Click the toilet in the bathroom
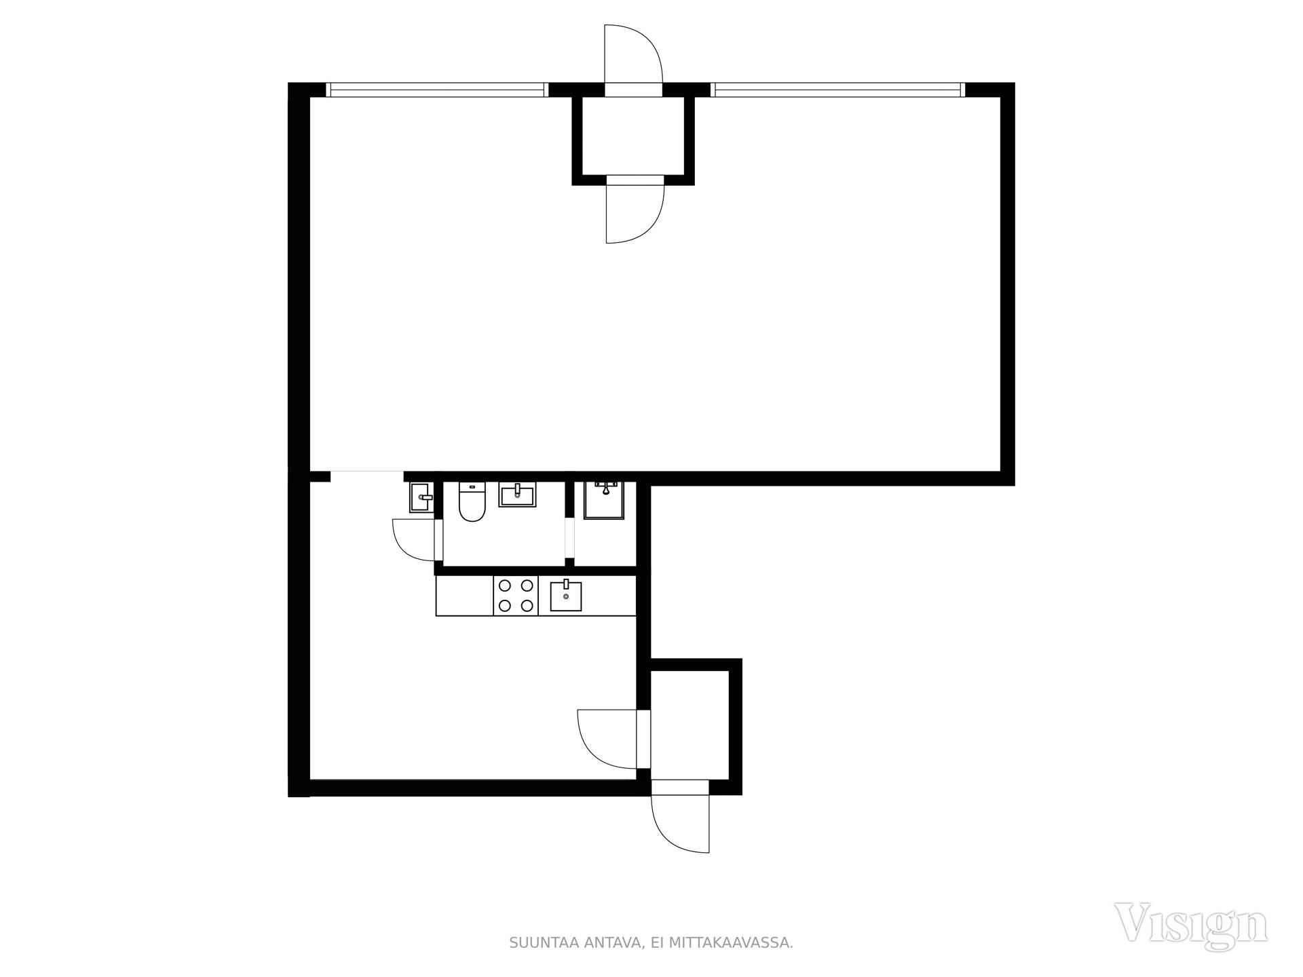472,502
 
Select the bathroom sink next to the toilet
517,495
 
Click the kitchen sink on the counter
565,595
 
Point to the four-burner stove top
516,596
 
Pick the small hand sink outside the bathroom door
421,498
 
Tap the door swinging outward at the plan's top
632,54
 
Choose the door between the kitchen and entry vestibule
607,739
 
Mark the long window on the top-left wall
436,90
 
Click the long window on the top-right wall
837,90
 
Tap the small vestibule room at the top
633,135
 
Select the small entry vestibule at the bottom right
690,725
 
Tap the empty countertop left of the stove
465,596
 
